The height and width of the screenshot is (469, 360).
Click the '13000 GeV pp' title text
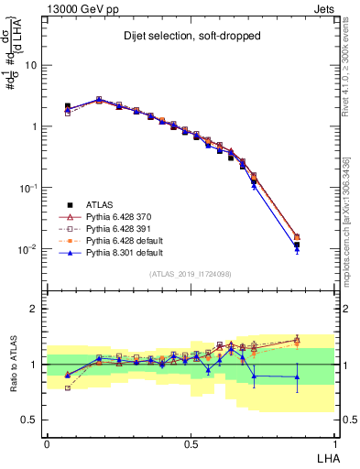click(77, 7)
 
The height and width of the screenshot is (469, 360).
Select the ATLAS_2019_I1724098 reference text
click(191, 273)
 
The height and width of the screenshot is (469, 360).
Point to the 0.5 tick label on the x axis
click(191, 442)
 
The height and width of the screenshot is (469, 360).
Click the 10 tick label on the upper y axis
click(31, 66)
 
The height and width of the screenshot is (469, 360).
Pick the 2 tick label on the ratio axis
click(34, 309)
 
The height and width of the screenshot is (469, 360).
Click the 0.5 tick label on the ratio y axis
click(29, 420)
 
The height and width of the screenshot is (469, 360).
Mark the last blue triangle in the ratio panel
click(297, 376)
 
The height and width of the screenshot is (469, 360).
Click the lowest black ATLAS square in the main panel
click(297, 245)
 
